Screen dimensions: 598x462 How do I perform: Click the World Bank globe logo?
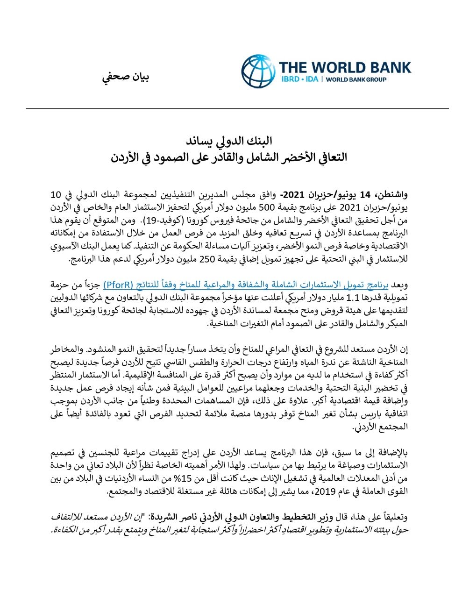coord(258,71)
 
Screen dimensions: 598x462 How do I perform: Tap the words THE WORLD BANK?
coord(345,67)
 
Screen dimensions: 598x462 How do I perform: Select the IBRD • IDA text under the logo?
coord(299,79)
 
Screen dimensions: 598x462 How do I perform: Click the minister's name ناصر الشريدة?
coord(170,518)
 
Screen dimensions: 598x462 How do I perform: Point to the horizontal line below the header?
coord(231,108)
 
